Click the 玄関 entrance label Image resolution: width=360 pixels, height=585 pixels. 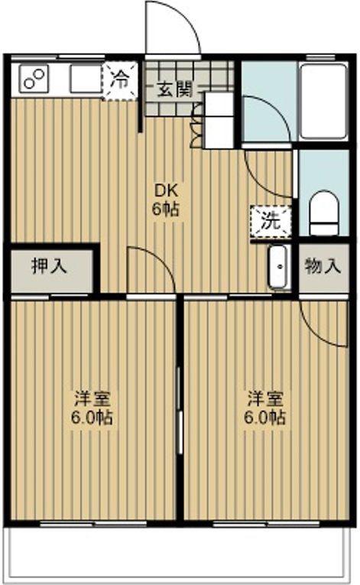[174, 89]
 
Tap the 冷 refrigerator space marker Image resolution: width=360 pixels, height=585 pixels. [121, 81]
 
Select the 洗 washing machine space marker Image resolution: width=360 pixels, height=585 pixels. [271, 222]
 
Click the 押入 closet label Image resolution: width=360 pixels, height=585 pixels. [49, 266]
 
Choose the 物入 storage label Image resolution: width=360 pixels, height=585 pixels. [323, 266]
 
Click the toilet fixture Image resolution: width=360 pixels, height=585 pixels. [324, 213]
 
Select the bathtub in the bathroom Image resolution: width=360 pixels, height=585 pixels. [324, 102]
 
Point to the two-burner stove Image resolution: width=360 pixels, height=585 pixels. [34, 78]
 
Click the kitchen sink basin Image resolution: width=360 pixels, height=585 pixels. [86, 79]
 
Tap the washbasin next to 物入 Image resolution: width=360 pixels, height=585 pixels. [279, 266]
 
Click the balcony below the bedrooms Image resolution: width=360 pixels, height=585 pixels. [180, 553]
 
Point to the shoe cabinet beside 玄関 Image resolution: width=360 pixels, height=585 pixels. [219, 120]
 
